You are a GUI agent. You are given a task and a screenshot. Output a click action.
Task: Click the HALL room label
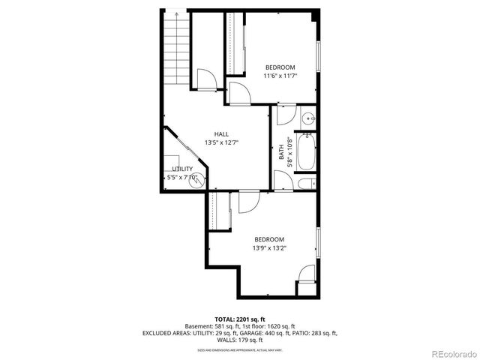tap(221, 134)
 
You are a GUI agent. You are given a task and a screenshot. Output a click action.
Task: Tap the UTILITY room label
tap(182, 169)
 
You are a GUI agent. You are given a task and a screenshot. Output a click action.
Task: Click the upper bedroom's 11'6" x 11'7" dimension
tap(279, 76)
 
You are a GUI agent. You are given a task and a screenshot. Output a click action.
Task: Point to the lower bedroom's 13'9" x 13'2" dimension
tap(268, 247)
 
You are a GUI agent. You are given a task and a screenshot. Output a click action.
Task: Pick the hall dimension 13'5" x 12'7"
tap(221, 142)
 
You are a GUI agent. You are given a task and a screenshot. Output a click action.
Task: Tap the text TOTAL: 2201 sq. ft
tap(239, 319)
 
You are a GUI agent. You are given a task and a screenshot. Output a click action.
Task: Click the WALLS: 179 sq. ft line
tap(239, 340)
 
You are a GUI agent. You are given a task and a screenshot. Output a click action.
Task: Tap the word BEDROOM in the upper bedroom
tap(279, 67)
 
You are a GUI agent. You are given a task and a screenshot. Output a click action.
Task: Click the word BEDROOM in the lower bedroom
tap(268, 239)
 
